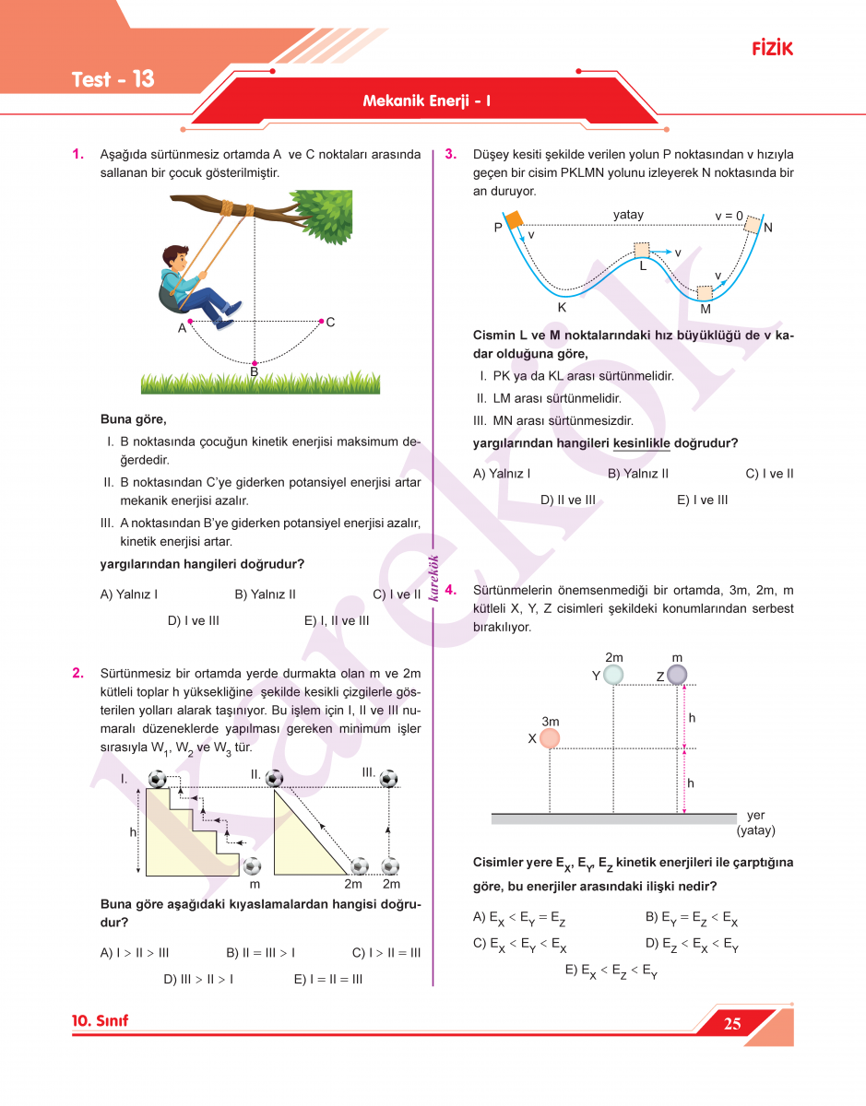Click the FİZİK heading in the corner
pos(772,49)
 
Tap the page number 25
pos(732,1024)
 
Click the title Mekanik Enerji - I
pos(426,100)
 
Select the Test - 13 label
pos(113,79)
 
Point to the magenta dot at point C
pos(320,322)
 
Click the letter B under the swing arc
pos(254,372)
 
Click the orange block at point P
pos(513,220)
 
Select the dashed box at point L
pos(642,251)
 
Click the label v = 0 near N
pos(729,216)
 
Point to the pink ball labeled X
pos(550,738)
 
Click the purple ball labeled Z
pos(677,675)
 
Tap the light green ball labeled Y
pos(613,675)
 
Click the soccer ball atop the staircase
pos(158,779)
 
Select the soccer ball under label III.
pos(389,779)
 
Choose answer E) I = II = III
pos(327,979)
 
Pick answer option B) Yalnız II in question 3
pos(638,474)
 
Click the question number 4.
pos(450,590)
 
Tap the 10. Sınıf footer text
pos(100,1021)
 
